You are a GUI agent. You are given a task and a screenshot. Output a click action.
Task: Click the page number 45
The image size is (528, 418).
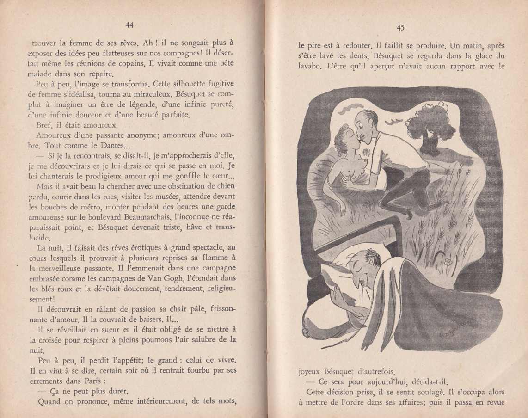click(x=400, y=28)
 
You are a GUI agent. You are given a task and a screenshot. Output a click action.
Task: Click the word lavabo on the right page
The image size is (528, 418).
click(x=309, y=66)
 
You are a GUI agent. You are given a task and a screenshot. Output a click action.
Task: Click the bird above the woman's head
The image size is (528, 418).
click(x=350, y=109)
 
